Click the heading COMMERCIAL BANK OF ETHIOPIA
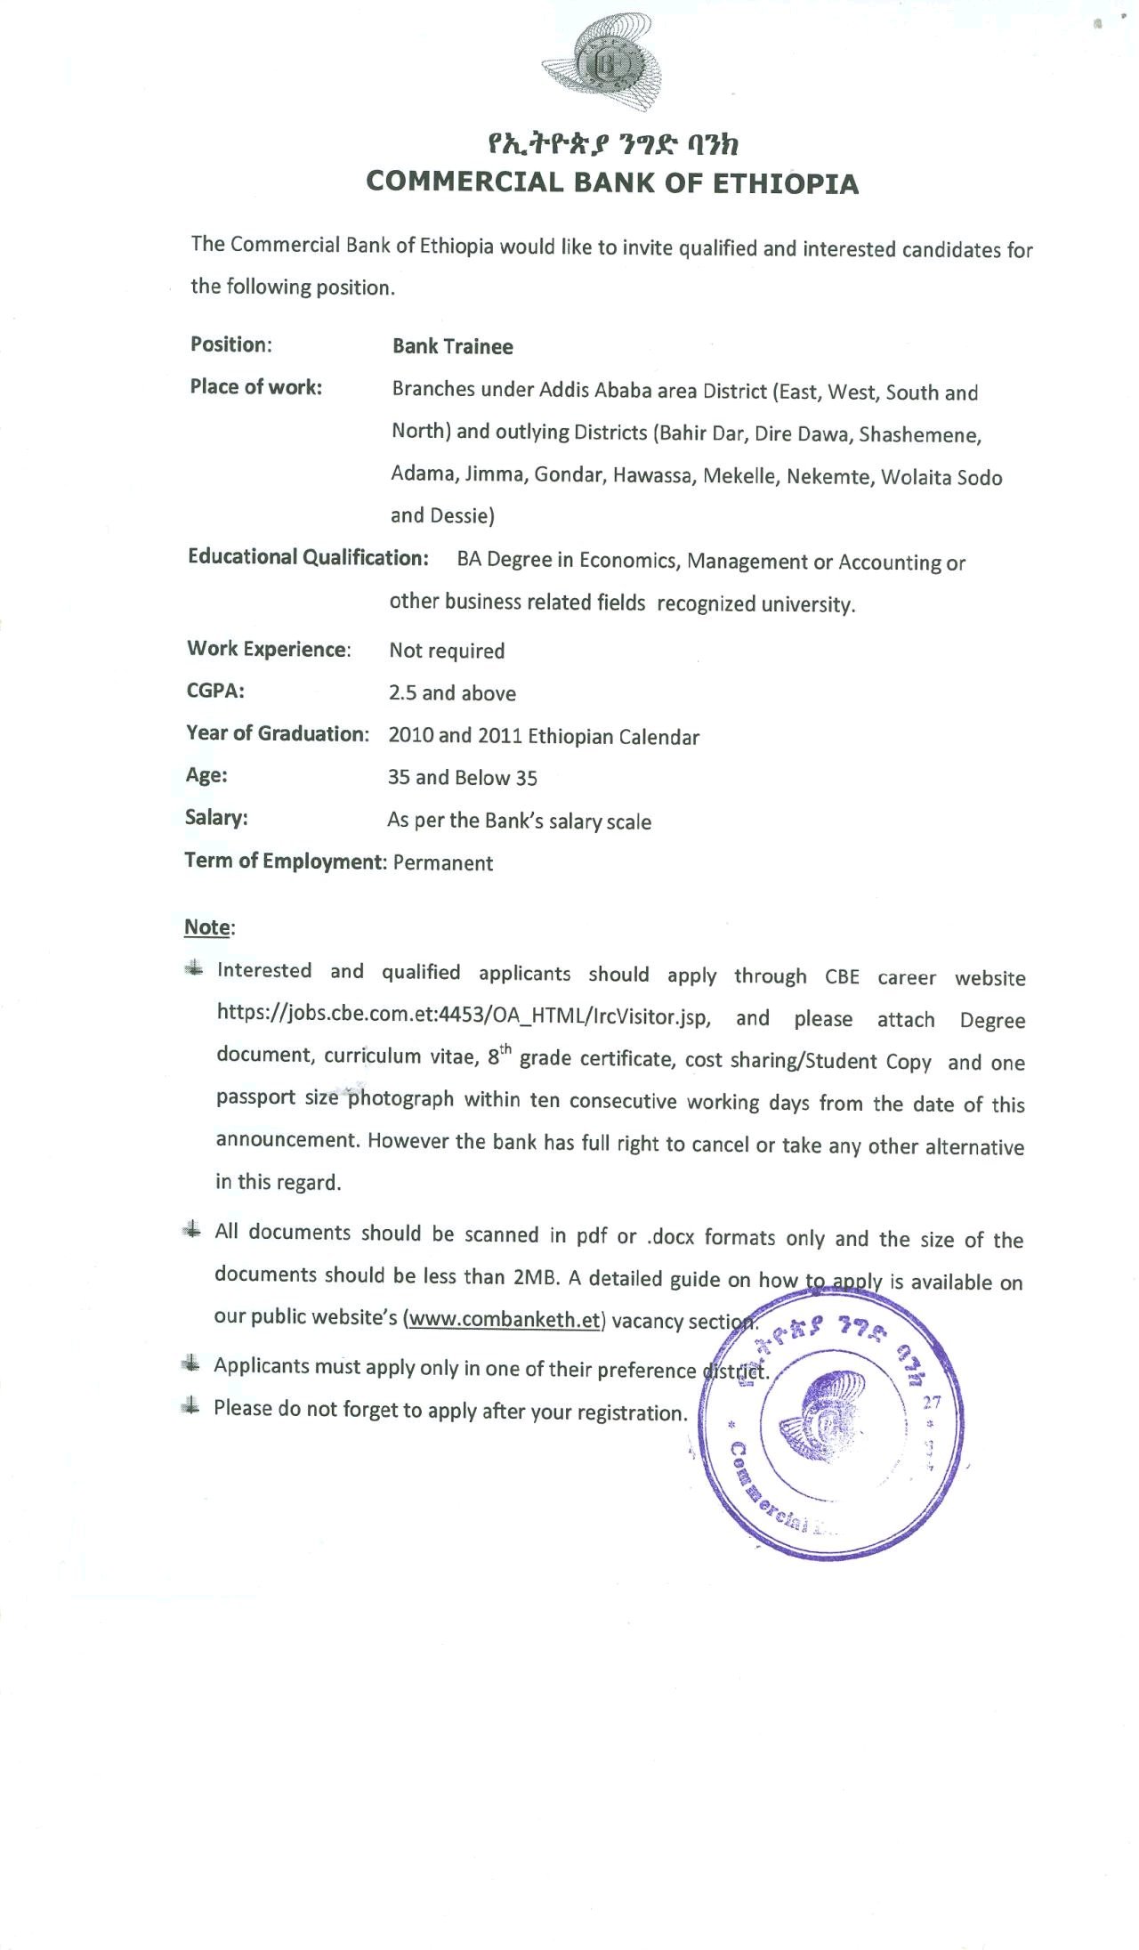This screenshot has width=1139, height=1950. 612,182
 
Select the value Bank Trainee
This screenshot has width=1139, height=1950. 452,347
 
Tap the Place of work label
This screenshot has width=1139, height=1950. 255,387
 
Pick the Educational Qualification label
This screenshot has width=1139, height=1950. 308,557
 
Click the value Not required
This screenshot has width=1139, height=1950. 447,651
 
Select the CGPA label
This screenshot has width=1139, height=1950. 215,692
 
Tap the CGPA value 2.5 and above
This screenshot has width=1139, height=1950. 452,693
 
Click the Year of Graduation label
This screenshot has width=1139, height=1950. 277,733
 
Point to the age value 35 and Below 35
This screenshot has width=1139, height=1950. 462,778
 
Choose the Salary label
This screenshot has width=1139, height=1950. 216,817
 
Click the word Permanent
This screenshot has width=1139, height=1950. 443,863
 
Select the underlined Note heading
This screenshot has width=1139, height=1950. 207,927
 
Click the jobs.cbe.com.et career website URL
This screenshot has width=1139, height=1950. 463,1017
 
